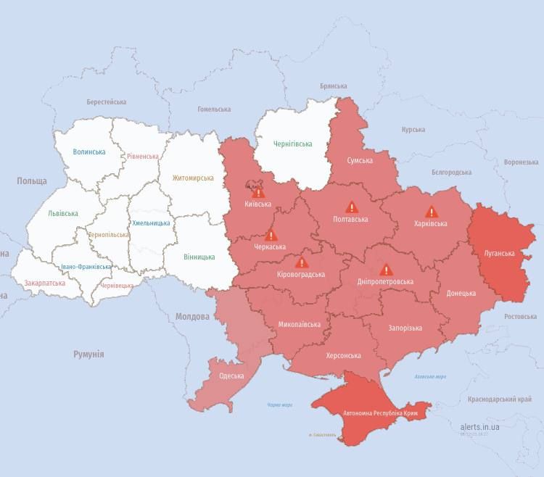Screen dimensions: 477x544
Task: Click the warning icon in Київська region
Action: [258, 192]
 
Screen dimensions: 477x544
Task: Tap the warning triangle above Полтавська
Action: [352, 207]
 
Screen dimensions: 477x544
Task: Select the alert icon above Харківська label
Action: [432, 212]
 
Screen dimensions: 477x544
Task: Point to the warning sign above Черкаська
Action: [271, 235]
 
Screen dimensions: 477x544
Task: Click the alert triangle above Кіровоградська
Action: [302, 262]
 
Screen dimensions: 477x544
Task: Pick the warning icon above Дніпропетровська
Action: [386, 270]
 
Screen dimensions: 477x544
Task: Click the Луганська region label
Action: [499, 254]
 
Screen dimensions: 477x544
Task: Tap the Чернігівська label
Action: [292, 144]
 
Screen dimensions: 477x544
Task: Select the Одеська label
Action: [231, 376]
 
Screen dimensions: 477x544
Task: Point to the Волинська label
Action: [88, 152]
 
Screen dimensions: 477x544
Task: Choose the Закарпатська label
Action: [45, 283]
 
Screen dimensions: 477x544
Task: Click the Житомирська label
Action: [193, 178]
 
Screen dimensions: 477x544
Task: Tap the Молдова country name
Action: [192, 317]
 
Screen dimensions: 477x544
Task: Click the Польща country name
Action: [32, 181]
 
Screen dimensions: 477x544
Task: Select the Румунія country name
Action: [88, 354]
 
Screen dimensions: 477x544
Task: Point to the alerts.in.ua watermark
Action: [479, 428]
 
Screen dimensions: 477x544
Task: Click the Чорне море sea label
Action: [279, 405]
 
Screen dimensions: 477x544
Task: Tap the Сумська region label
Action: [360, 160]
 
